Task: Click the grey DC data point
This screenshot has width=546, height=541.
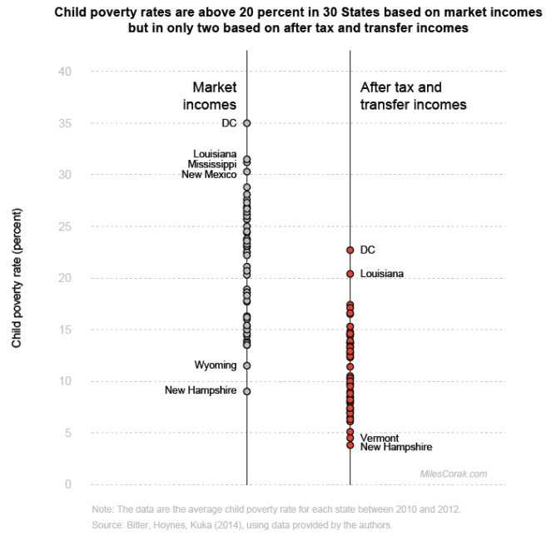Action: coord(246,123)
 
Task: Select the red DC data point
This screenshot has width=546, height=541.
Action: coord(350,250)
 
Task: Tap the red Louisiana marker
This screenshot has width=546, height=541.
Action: coord(350,274)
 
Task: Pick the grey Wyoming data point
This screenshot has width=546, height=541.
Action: coord(246,365)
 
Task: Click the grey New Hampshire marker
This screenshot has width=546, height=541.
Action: coord(246,391)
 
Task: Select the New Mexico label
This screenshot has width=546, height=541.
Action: coord(209,174)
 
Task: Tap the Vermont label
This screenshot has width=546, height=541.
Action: coord(380,438)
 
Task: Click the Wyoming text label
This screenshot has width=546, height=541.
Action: coord(216,365)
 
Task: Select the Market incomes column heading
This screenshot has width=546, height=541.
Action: coord(210,96)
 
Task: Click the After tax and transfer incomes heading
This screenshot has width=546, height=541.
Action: coord(413,96)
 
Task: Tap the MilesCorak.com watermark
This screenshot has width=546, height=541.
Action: coord(454,474)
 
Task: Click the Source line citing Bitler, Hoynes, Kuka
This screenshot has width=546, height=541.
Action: coord(241,524)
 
